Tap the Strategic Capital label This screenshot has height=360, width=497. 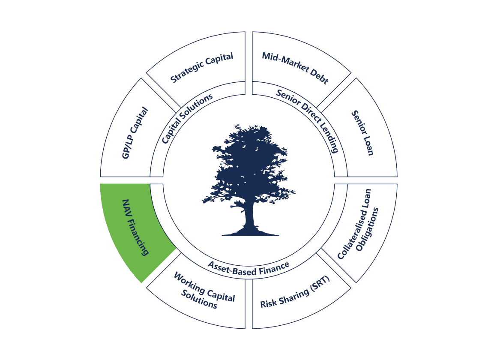pyautogui.click(x=202, y=68)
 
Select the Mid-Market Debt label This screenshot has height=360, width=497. pyautogui.click(x=295, y=68)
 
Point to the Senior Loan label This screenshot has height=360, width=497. pyautogui.click(x=362, y=133)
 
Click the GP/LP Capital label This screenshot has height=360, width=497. pyautogui.click(x=135, y=133)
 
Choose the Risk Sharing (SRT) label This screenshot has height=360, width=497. pyautogui.click(x=295, y=292)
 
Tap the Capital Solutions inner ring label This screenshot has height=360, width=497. pyautogui.click(x=187, y=119)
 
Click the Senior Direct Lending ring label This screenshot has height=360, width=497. pyautogui.click(x=308, y=120)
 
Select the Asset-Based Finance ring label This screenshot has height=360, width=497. pyautogui.click(x=248, y=268)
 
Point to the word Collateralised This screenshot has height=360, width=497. pyautogui.click(x=354, y=224)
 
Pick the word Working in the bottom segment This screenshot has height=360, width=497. pyautogui.click(x=189, y=282)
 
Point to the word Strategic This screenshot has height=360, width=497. pyautogui.click(x=187, y=73)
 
